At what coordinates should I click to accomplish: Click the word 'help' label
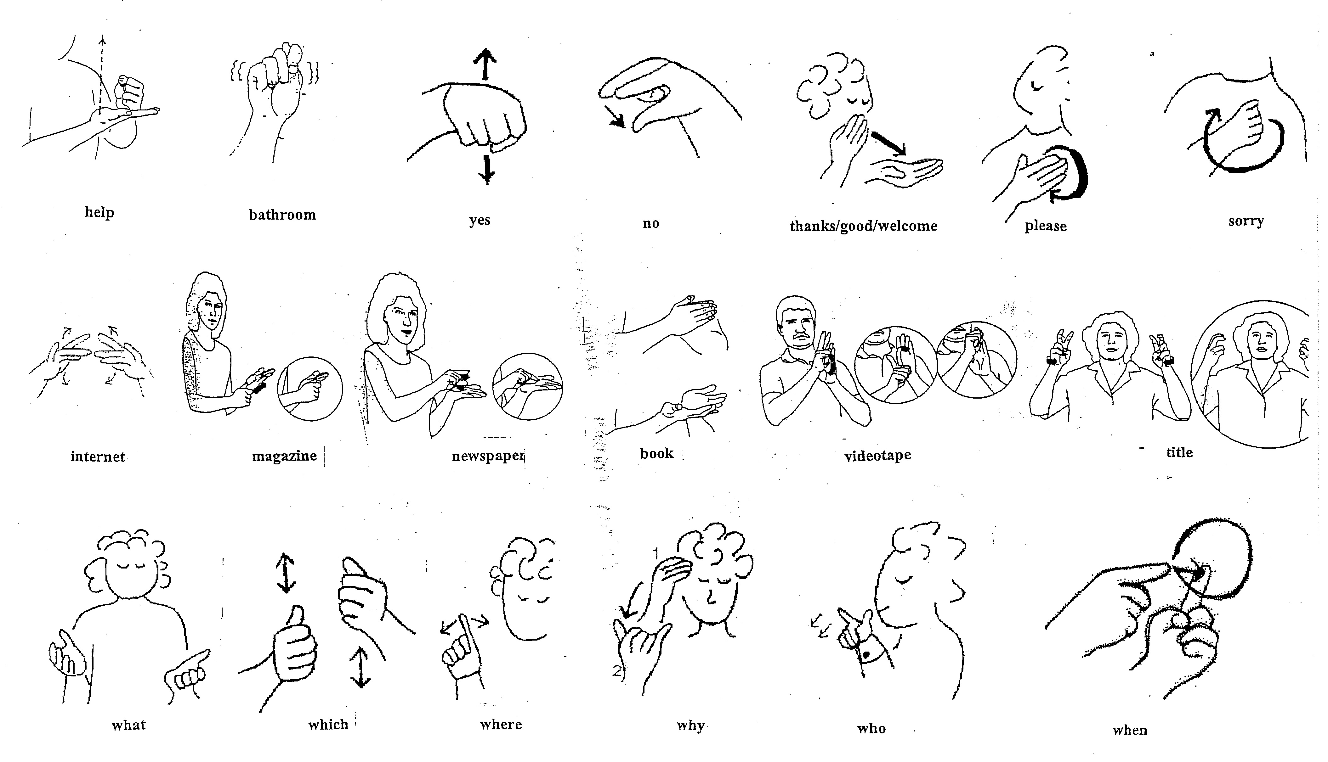point(99,212)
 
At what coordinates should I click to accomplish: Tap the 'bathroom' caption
point(282,215)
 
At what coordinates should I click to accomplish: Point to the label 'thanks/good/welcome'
point(863,226)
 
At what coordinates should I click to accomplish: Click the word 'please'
point(1045,226)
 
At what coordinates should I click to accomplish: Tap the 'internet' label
point(98,457)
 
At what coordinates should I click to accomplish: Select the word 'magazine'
point(284,457)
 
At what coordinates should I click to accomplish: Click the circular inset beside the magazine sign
point(310,388)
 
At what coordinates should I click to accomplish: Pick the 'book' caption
point(657,453)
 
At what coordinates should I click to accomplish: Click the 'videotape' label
point(878,455)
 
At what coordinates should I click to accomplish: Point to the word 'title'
point(1179,452)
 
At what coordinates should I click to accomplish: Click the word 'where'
point(501,724)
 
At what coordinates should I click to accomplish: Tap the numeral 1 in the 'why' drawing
point(655,553)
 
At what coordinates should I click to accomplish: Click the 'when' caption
point(1130,730)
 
